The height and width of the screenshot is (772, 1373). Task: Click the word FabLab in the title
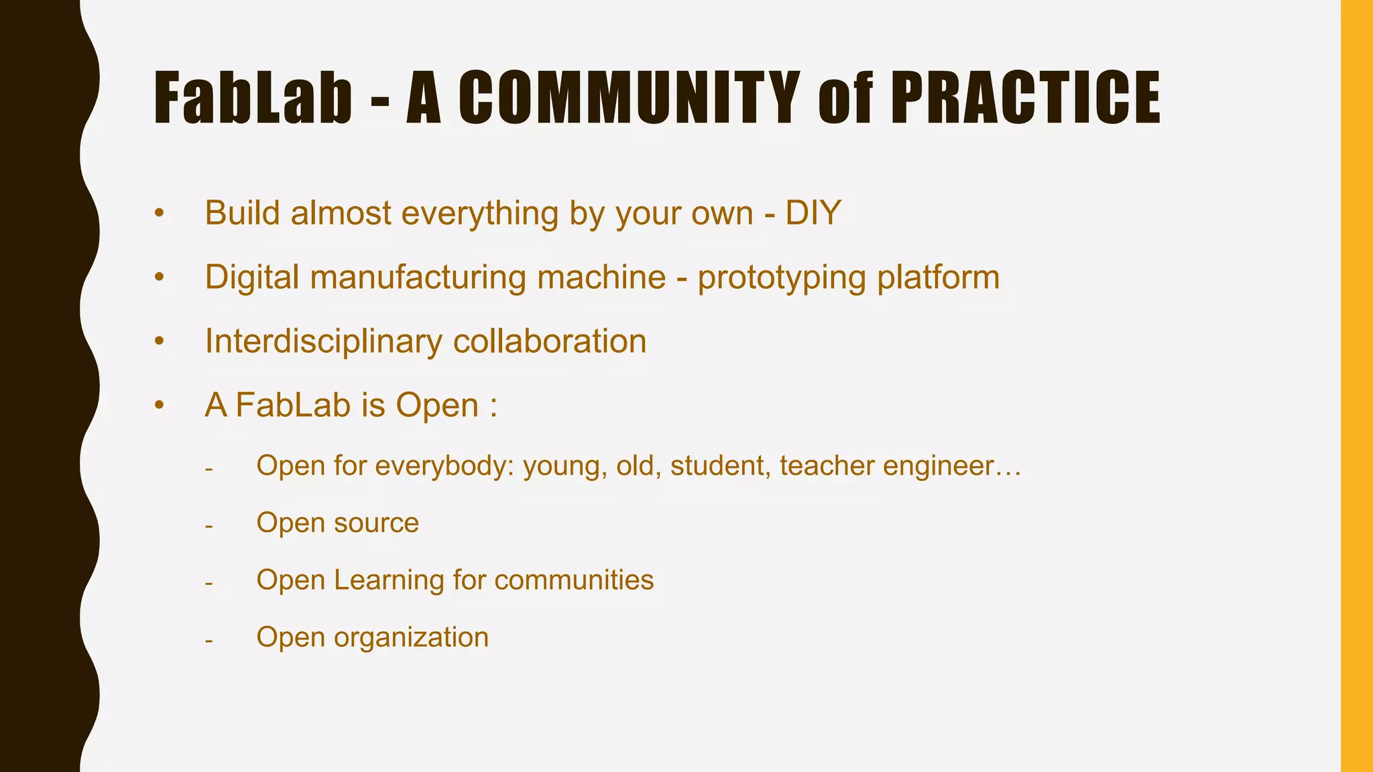[x=253, y=99]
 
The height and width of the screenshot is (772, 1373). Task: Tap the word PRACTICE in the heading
[x=1026, y=99]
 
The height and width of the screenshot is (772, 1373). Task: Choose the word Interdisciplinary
[x=323, y=340]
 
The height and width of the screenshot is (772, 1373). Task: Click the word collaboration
[x=550, y=340]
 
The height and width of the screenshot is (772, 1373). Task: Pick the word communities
[x=574, y=580]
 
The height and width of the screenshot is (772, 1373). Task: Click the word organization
[x=411, y=637]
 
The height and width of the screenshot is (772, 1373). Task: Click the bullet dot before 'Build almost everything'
[x=159, y=214]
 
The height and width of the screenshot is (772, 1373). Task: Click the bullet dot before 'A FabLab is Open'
[x=159, y=405]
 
